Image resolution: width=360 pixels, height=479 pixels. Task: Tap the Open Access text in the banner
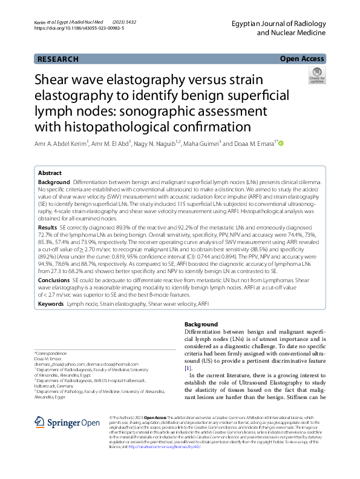click(x=301, y=59)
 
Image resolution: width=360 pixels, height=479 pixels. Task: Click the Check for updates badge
click(x=316, y=76)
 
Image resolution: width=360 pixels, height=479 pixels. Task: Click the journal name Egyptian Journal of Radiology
click(x=279, y=22)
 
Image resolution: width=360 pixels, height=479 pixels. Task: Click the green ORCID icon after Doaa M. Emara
click(x=281, y=144)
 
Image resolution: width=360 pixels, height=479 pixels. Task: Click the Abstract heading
click(x=50, y=173)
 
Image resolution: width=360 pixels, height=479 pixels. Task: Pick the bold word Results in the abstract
click(x=48, y=225)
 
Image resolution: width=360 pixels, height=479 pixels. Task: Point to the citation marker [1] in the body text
click(x=188, y=369)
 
